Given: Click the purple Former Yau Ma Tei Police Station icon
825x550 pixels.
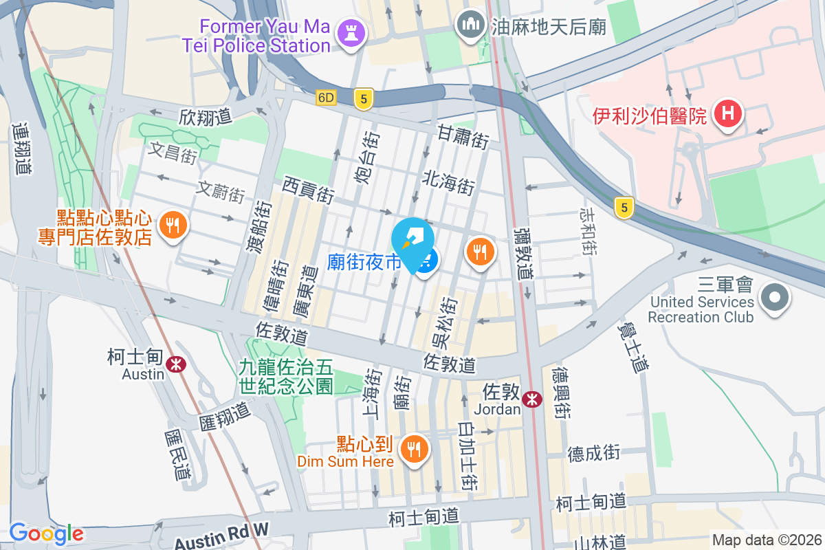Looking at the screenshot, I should (x=351, y=33).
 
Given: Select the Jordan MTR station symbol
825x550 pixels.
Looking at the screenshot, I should (x=531, y=399).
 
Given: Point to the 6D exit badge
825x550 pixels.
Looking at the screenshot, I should (x=326, y=98).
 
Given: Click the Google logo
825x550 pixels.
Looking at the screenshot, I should (x=46, y=533).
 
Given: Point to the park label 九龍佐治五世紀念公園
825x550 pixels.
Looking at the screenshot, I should (x=286, y=377).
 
